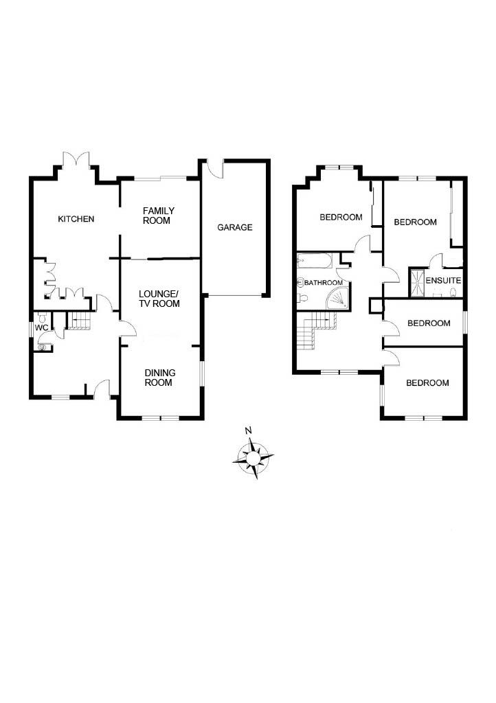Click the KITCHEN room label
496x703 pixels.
click(76, 219)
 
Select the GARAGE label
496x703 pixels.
click(234, 227)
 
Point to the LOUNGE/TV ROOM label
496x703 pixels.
click(159, 299)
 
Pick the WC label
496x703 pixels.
click(41, 327)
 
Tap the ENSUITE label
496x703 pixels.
click(443, 281)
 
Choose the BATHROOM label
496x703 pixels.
click(324, 283)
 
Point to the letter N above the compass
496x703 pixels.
click(249, 431)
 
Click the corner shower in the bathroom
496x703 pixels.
click(337, 299)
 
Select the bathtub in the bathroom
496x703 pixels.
click(315, 260)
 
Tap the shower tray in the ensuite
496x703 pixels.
click(417, 282)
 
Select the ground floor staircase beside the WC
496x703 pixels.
click(79, 322)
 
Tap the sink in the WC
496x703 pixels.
click(43, 347)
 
